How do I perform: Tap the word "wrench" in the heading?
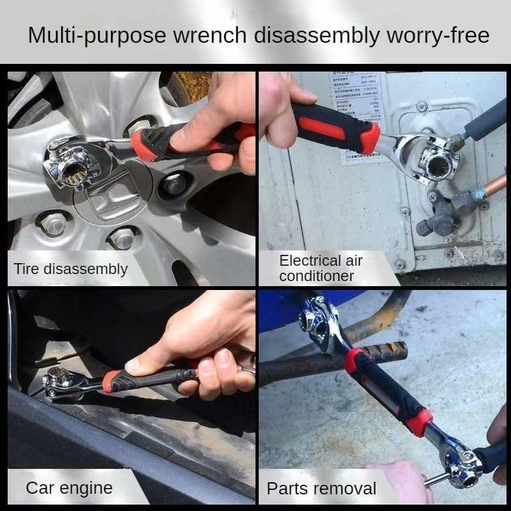[x=206, y=34]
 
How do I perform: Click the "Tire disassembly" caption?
[x=71, y=269]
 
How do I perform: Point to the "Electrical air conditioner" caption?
[x=321, y=268]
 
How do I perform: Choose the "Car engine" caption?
[x=69, y=489]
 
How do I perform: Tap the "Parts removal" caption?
[x=321, y=489]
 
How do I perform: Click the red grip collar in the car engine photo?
[x=111, y=381]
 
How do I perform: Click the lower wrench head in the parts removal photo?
[x=464, y=466]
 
